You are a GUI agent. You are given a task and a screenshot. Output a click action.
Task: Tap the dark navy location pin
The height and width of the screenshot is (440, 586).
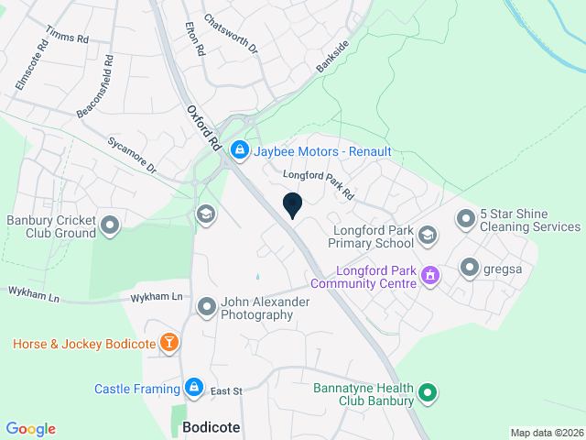coord(292,206)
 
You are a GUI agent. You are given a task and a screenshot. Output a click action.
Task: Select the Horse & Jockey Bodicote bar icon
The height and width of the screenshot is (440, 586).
coord(168,344)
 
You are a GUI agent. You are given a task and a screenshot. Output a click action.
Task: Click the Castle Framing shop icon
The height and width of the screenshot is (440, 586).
coord(194,388)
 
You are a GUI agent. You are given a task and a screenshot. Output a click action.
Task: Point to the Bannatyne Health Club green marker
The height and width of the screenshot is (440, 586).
coord(427,395)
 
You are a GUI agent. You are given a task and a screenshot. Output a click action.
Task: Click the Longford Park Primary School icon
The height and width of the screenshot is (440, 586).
coord(427,236)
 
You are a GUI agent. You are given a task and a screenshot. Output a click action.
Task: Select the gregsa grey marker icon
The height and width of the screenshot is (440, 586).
coord(470,267)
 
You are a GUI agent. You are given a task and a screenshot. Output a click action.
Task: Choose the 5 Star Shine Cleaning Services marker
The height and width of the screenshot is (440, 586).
coord(465,218)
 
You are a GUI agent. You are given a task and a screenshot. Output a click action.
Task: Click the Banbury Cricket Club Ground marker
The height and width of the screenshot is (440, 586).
coord(111,225)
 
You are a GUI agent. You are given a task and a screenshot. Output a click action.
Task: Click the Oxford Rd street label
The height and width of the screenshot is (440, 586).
coord(204,127)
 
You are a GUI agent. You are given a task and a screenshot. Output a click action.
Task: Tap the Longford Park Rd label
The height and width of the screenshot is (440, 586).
coord(318,183)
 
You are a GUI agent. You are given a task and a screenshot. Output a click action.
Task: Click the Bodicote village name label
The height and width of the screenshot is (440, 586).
coord(212,427)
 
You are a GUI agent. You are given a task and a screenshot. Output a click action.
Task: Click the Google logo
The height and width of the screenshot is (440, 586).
coord(30,428)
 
